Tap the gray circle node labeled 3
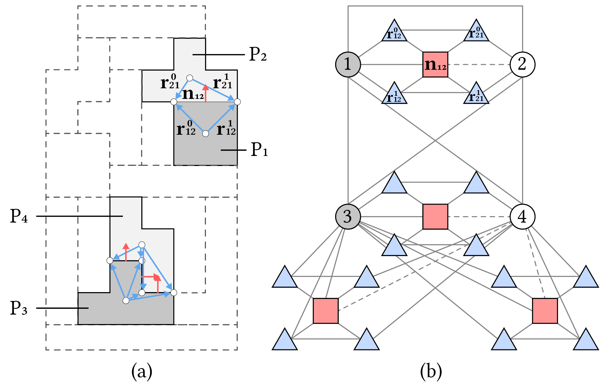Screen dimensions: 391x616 [x=348, y=217]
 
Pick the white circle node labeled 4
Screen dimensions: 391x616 [x=522, y=217]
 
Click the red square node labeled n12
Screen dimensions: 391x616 [x=435, y=65]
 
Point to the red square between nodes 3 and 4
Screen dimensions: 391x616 [x=435, y=217]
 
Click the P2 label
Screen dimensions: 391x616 [x=258, y=54]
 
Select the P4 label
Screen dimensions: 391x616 [x=18, y=216]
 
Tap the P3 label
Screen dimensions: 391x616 [x=18, y=308]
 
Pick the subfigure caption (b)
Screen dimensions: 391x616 [x=431, y=372]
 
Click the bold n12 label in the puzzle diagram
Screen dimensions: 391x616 [x=193, y=94]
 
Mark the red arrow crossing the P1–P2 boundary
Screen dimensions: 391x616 [x=205, y=93]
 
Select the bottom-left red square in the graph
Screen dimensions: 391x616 [x=326, y=311]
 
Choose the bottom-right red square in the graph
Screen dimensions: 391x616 [x=545, y=311]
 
